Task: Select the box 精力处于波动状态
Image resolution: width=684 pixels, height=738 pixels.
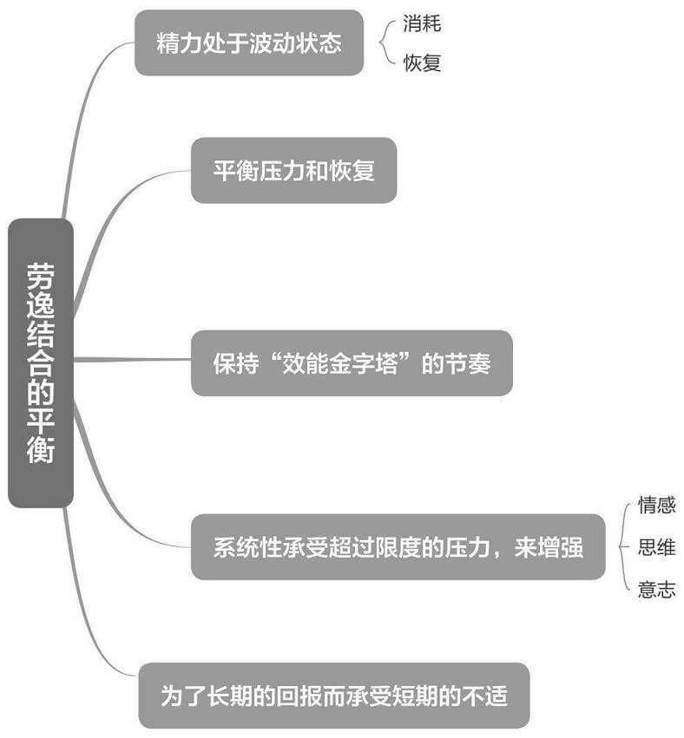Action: tap(248, 43)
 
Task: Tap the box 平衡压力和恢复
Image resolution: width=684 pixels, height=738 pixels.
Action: tap(293, 171)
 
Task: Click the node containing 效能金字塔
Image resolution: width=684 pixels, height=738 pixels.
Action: tap(352, 362)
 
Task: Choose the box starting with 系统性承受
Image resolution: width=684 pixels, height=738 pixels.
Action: tap(398, 547)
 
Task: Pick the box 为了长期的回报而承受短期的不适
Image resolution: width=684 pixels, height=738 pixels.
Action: tap(333, 696)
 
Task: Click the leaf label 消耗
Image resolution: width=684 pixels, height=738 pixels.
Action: tap(422, 23)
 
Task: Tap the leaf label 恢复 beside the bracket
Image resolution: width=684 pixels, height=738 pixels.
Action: tap(422, 63)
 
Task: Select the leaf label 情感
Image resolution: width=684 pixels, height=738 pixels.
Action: tap(656, 505)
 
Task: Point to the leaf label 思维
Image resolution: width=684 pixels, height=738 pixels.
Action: tap(656, 547)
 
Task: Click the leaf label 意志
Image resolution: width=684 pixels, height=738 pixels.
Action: tap(656, 590)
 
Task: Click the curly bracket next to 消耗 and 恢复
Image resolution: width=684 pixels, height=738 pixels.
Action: tap(385, 43)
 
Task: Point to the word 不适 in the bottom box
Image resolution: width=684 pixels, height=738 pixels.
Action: tap(485, 696)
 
